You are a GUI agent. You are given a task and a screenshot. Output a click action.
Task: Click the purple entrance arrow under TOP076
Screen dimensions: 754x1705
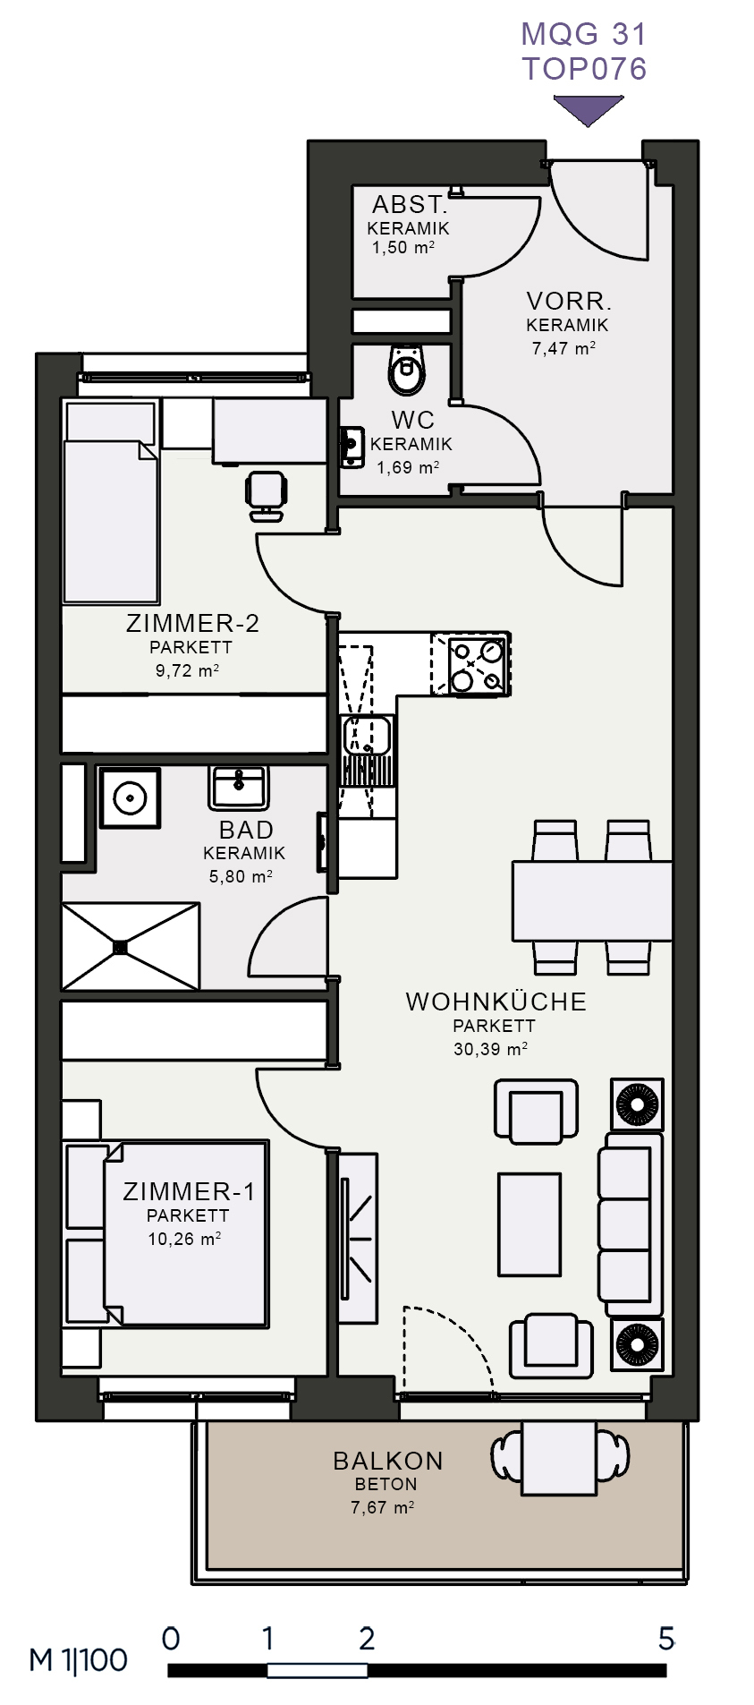pyautogui.click(x=588, y=109)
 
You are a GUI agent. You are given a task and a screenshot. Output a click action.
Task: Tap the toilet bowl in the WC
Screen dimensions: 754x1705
pyautogui.click(x=407, y=369)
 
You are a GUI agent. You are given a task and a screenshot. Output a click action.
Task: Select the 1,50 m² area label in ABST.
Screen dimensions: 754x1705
pyautogui.click(x=403, y=248)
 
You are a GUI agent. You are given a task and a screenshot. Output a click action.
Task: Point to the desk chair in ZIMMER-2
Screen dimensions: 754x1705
pyautogui.click(x=267, y=495)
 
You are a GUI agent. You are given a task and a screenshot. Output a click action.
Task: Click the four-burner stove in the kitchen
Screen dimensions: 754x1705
pyautogui.click(x=470, y=664)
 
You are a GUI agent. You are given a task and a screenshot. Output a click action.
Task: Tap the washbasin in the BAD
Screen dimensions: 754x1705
pyautogui.click(x=238, y=787)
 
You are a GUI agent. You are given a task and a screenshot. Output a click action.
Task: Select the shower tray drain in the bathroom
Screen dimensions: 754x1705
pyautogui.click(x=121, y=945)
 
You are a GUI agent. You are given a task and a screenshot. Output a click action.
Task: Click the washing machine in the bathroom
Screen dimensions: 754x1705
pyautogui.click(x=130, y=797)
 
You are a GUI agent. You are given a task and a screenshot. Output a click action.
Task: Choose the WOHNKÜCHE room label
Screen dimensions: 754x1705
pyautogui.click(x=496, y=1002)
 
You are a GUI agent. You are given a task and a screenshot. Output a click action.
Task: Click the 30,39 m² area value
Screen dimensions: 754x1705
pyautogui.click(x=490, y=1049)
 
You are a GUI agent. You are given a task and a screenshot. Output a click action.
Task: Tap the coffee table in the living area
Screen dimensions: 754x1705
pyautogui.click(x=529, y=1224)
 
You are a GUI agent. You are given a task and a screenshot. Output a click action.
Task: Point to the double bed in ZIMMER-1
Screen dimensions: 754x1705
pyautogui.click(x=166, y=1233)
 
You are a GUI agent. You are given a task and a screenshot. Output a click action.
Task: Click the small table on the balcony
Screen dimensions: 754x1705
pyautogui.click(x=559, y=1458)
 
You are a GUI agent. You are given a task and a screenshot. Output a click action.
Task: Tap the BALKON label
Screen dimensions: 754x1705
pyautogui.click(x=388, y=1461)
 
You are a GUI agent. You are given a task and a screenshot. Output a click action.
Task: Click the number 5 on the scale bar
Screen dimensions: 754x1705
pyautogui.click(x=665, y=1639)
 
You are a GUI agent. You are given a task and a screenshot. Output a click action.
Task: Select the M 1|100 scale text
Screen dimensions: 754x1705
pyautogui.click(x=79, y=1660)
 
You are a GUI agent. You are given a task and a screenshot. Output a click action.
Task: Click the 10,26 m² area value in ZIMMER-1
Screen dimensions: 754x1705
pyautogui.click(x=184, y=1240)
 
